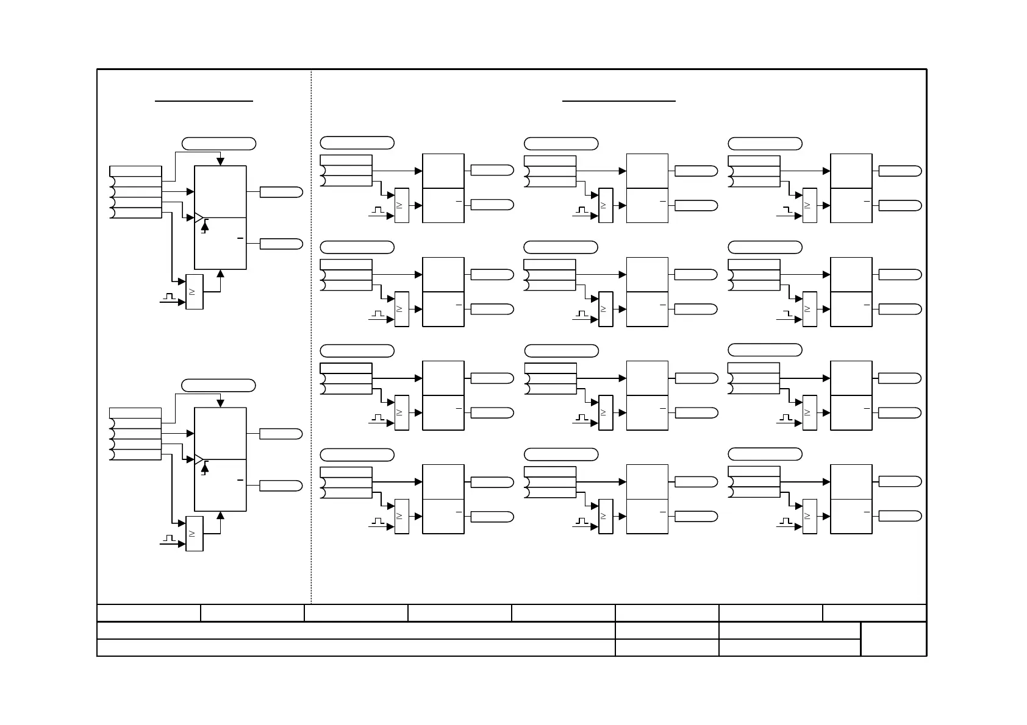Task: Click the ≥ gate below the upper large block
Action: [x=194, y=292]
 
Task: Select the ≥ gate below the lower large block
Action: [x=194, y=534]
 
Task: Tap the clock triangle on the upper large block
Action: [x=198, y=217]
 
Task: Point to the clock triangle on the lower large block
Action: [x=198, y=459]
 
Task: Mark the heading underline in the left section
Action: [x=204, y=101]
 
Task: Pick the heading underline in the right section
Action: [x=618, y=101]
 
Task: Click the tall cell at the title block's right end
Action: [x=893, y=638]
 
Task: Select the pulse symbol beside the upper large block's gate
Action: [x=169, y=297]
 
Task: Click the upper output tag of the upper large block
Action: [x=281, y=192]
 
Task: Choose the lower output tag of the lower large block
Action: [x=281, y=486]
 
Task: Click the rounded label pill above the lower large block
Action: [x=219, y=385]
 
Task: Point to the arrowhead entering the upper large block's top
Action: [x=220, y=161]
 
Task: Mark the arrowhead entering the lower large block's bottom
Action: [x=220, y=515]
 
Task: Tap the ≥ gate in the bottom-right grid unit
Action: [x=809, y=516]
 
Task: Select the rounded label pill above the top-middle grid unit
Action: [x=561, y=144]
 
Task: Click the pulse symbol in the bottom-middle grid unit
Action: [x=582, y=522]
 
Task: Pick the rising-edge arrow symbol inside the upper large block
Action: [x=205, y=227]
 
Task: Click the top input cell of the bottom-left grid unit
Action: [x=346, y=472]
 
